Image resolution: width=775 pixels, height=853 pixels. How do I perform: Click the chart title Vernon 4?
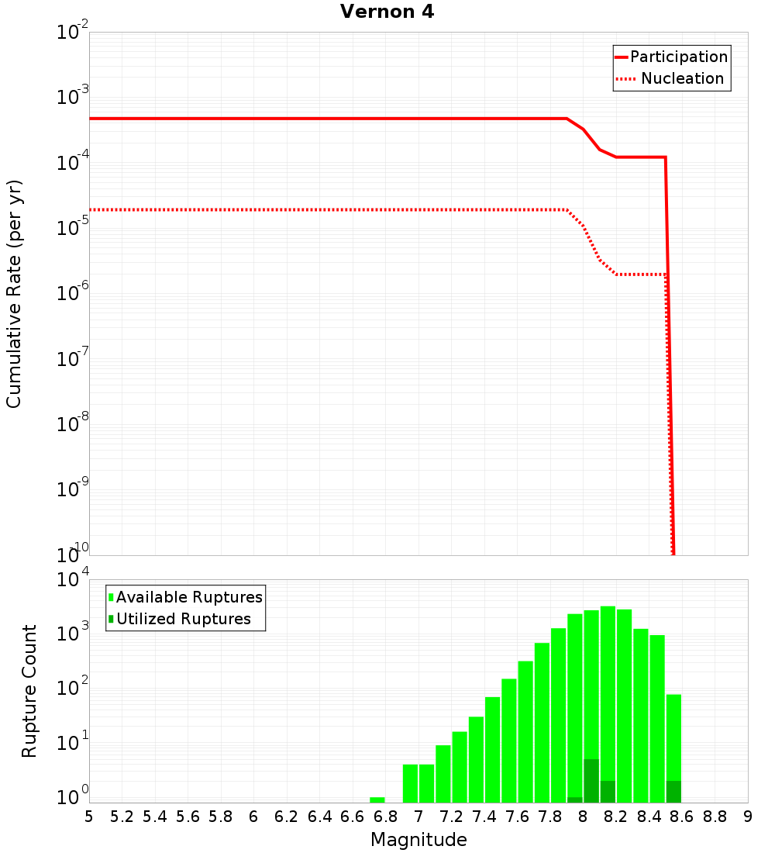[x=387, y=12]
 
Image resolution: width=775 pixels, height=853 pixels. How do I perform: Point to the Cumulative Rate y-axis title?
[x=14, y=293]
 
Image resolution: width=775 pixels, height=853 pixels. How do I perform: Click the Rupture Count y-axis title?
[x=29, y=691]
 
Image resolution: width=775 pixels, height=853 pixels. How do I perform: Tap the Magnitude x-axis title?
[x=418, y=840]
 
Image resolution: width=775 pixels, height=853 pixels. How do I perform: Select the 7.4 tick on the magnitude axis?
[x=484, y=817]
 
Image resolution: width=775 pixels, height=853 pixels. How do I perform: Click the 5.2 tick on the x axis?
[x=122, y=817]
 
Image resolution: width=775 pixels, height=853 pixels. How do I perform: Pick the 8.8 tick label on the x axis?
[x=715, y=817]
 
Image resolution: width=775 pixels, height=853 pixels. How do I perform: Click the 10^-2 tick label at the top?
[x=71, y=33]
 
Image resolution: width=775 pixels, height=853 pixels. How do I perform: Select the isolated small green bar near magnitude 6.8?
[x=377, y=799]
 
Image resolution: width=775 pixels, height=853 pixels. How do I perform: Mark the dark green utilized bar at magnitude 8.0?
[x=591, y=781]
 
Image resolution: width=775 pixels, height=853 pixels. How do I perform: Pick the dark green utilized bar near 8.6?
[x=673, y=792]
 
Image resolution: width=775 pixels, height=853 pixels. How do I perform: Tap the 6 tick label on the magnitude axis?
[x=253, y=817]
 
